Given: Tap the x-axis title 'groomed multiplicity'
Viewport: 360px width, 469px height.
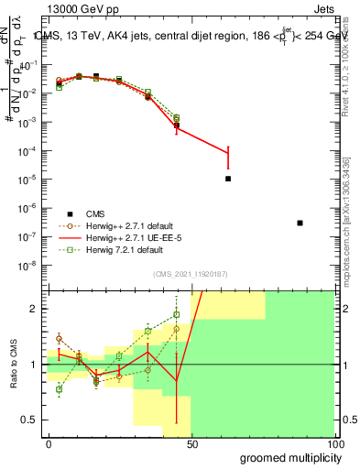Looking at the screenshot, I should coord(288,457).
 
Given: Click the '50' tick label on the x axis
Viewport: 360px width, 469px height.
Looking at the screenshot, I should coord(191,443).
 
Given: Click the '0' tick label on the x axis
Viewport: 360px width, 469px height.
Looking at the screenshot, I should coord(48,443).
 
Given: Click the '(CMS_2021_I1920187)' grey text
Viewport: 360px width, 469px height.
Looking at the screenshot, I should coord(191,274).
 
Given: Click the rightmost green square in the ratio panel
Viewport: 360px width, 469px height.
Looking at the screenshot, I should coord(176,315).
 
